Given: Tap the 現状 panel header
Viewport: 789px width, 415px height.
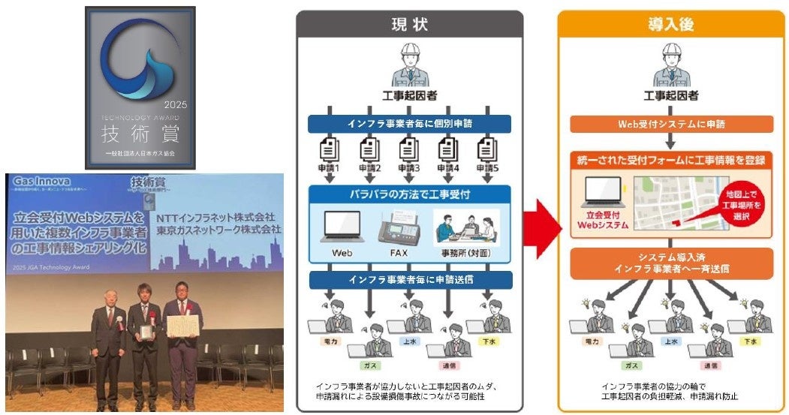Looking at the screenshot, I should (x=409, y=24).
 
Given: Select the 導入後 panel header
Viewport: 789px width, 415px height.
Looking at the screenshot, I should (x=671, y=24).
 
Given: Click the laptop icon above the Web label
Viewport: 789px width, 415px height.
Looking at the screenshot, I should (x=342, y=226).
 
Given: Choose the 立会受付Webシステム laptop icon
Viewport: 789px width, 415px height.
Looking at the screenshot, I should (x=601, y=194).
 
